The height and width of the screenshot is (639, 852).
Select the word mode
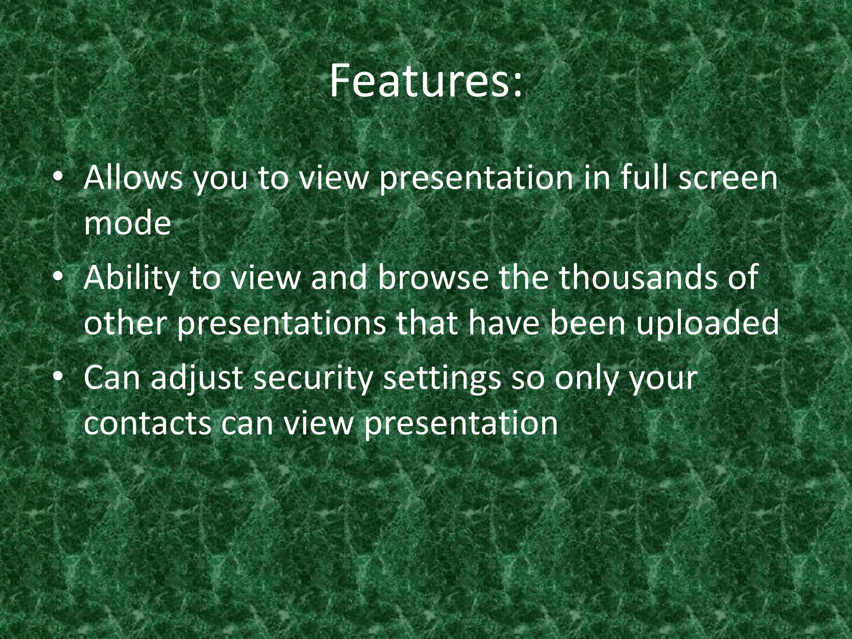(x=127, y=224)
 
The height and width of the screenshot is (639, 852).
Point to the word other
(x=125, y=324)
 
